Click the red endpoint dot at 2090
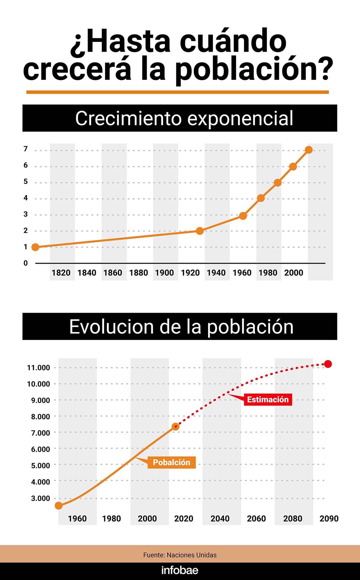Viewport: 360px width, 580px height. click(328, 364)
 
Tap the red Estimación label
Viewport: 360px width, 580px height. click(268, 399)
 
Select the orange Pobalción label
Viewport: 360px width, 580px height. click(171, 462)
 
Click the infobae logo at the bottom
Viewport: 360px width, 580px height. click(180, 570)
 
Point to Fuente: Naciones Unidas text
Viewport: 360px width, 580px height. click(180, 555)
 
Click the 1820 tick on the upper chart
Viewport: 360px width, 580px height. click(61, 273)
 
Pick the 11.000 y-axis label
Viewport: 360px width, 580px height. click(38, 368)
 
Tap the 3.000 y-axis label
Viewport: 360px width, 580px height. click(40, 498)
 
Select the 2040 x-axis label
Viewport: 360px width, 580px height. click(220, 519)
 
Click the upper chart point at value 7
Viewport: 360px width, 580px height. click(309, 150)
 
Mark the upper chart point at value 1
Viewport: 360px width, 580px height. click(35, 247)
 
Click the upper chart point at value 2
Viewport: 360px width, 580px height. click(200, 231)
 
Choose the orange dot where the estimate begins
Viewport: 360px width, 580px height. click(176, 427)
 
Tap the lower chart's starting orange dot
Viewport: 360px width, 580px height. click(59, 506)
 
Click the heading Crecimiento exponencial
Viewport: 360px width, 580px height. click(184, 118)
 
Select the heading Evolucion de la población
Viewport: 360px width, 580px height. click(181, 327)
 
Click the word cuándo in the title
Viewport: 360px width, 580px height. click(233, 41)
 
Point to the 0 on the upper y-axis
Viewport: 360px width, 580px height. click(26, 263)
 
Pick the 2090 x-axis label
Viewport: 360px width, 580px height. click(329, 519)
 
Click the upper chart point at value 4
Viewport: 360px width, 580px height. click(261, 198)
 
